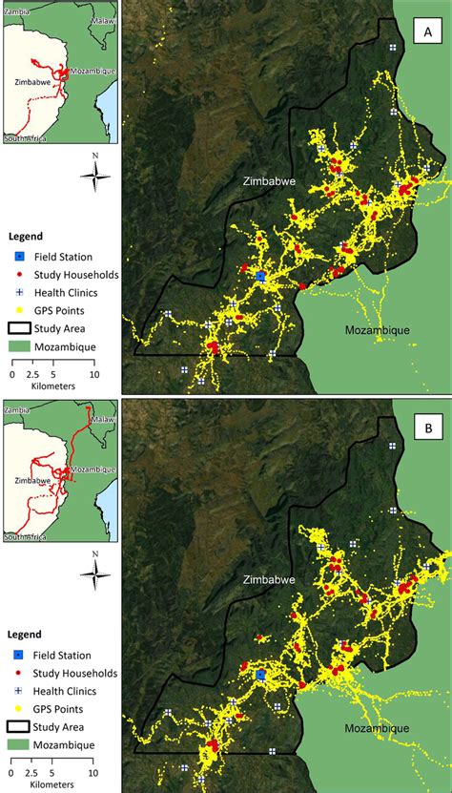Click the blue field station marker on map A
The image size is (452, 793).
pos(260,276)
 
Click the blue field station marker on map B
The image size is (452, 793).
pos(260,674)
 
